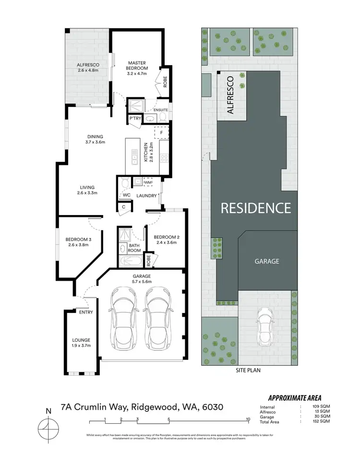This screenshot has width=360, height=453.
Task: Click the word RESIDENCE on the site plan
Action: tap(255, 208)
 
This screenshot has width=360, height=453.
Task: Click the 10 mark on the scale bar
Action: tap(248, 419)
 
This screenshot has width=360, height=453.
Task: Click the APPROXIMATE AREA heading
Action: tap(295, 397)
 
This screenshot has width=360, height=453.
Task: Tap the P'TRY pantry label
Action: tap(134, 119)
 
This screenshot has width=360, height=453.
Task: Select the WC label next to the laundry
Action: tap(126, 195)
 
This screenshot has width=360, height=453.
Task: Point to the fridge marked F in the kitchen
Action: tap(161, 132)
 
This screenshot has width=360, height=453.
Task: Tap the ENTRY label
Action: tap(86, 312)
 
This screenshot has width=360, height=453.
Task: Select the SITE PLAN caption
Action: tap(248, 370)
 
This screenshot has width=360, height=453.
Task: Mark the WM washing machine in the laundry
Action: tap(148, 182)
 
